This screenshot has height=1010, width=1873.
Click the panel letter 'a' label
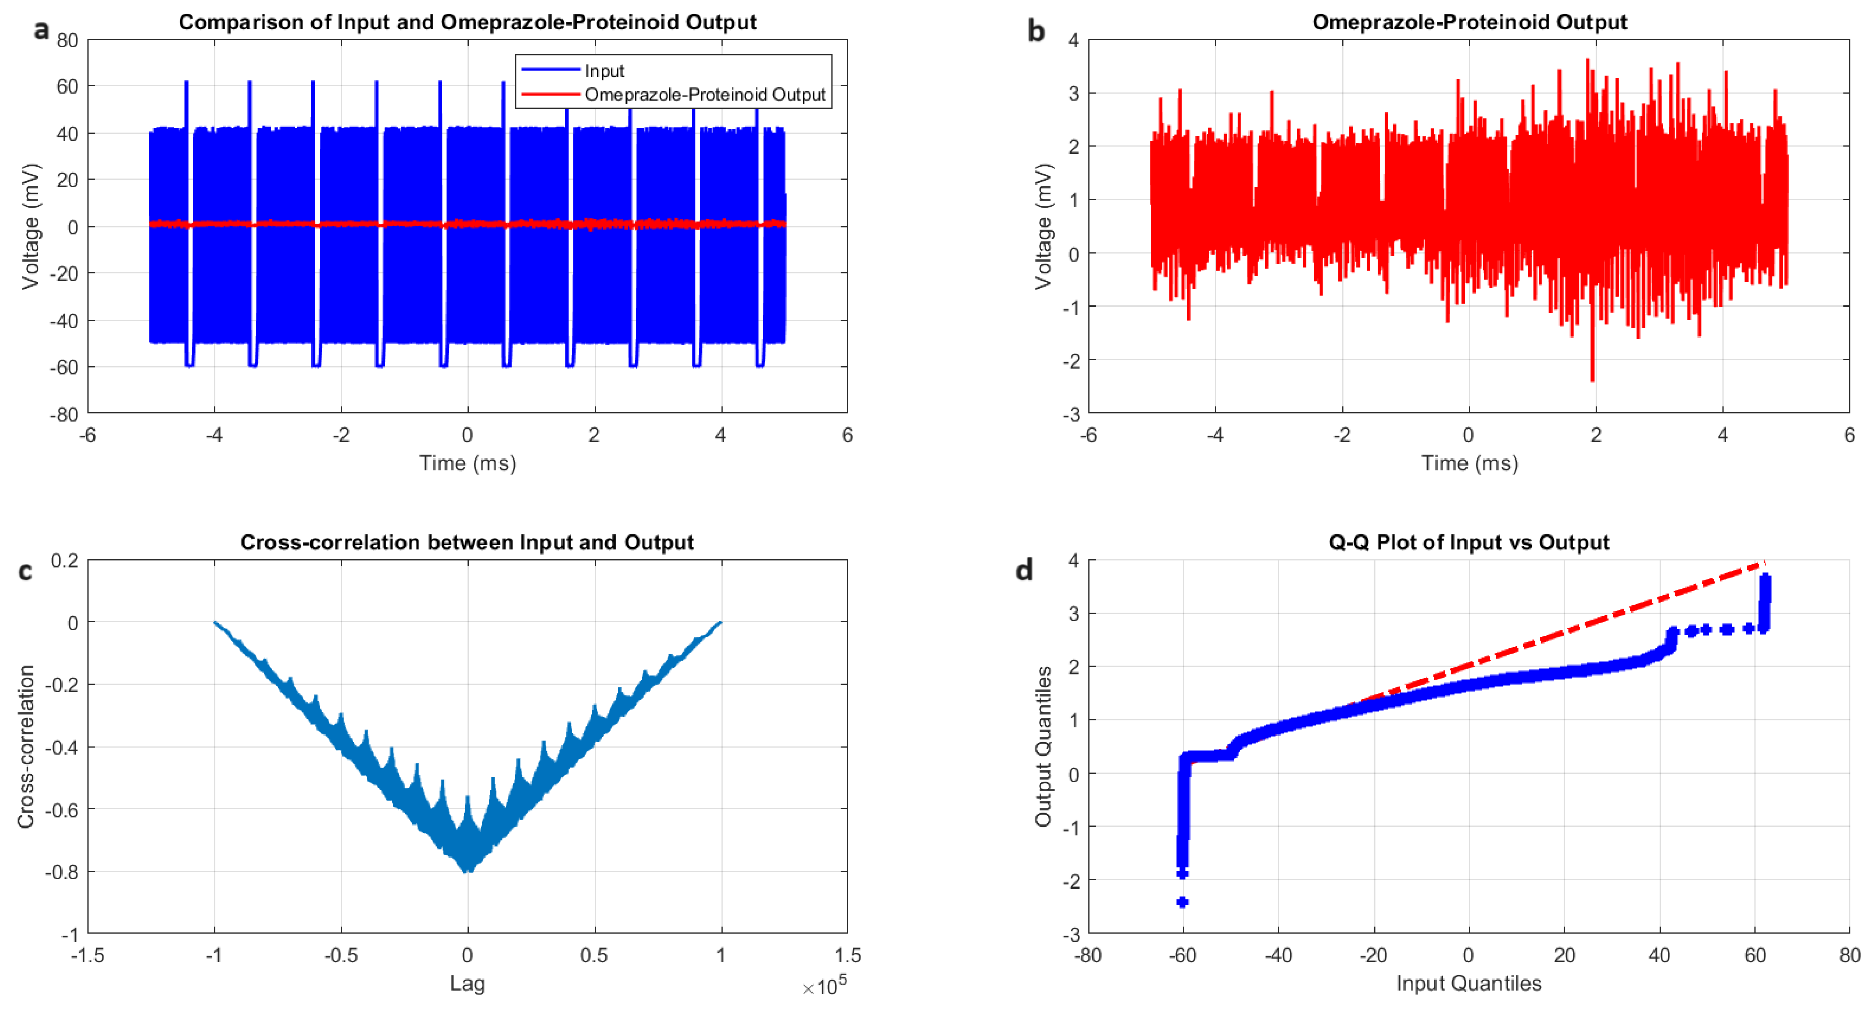(x=42, y=30)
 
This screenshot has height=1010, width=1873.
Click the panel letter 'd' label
(x=1024, y=570)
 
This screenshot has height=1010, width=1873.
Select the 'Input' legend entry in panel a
(x=604, y=71)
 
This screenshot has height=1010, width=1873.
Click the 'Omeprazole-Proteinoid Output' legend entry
(x=704, y=95)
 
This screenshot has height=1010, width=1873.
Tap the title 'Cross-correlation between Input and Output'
(x=467, y=542)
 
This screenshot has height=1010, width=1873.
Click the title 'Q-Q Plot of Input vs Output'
(x=1468, y=542)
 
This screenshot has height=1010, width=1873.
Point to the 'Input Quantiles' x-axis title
(x=1468, y=983)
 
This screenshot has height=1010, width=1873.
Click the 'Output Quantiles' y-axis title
(x=1043, y=746)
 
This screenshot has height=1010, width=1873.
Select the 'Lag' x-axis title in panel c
(x=467, y=983)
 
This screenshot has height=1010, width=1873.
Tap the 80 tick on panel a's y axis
(x=67, y=41)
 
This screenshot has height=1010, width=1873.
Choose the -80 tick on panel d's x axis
(x=1088, y=955)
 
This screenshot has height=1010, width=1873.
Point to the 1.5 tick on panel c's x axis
(x=847, y=955)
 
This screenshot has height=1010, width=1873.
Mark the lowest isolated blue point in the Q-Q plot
(x=1182, y=902)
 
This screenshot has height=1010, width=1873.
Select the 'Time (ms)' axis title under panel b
(x=1469, y=463)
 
